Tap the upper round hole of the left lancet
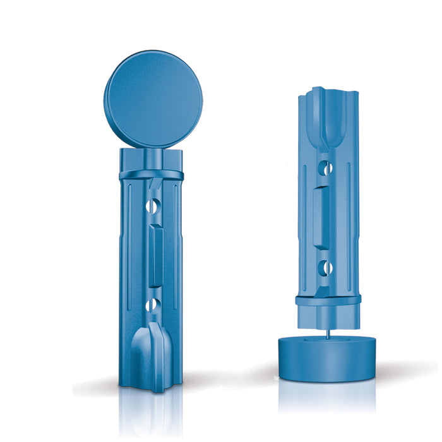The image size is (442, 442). (x=152, y=206)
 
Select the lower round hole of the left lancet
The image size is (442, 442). (x=152, y=306)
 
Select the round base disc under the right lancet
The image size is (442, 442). (x=327, y=357)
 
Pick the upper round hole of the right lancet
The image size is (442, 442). (x=325, y=169)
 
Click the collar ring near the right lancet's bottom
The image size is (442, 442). (x=328, y=299)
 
